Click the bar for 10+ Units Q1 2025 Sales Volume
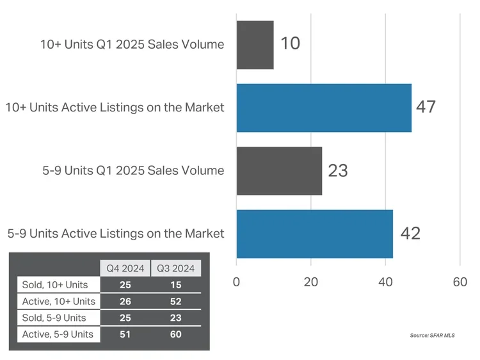click(x=255, y=45)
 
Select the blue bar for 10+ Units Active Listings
click(x=324, y=108)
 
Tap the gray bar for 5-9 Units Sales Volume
click(x=279, y=170)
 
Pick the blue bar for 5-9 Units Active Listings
click(x=314, y=233)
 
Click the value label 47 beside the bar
click(x=426, y=107)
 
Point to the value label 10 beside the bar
click(x=289, y=44)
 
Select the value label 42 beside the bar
click(x=410, y=233)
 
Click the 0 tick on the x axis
click(x=237, y=282)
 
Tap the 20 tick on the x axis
click(x=311, y=282)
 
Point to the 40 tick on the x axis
click(x=385, y=282)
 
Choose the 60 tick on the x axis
click(x=460, y=282)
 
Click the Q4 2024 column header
click(x=124, y=268)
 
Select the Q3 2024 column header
click(x=175, y=268)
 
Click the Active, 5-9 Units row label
click(x=57, y=334)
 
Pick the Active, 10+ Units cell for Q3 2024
click(x=175, y=301)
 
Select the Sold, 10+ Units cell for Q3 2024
click(x=175, y=284)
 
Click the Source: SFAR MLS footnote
click(x=432, y=335)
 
